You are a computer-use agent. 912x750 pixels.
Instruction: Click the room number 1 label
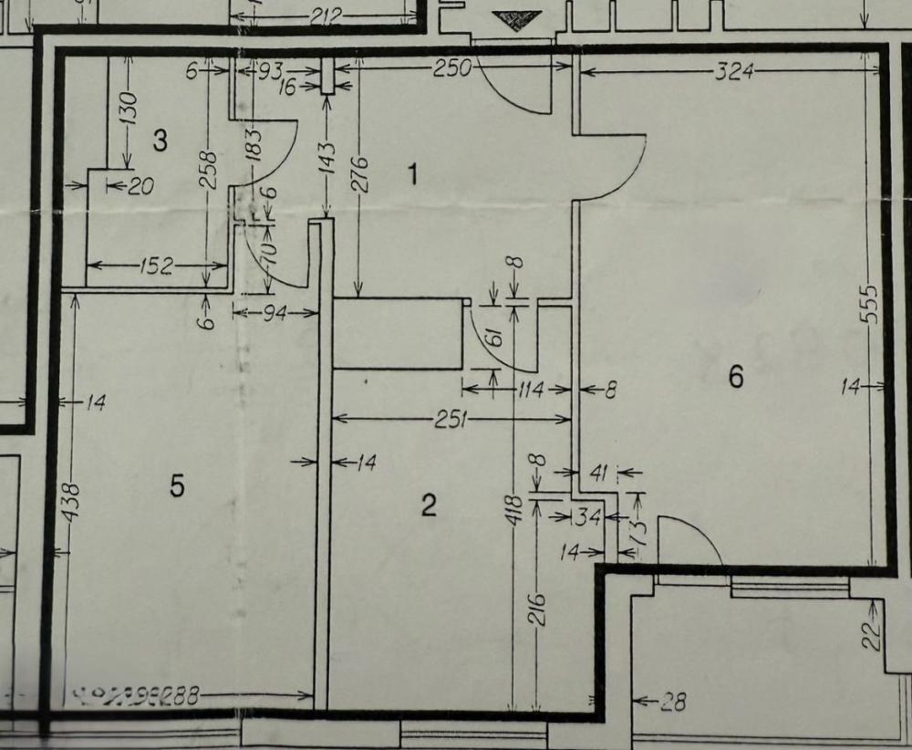coord(413,173)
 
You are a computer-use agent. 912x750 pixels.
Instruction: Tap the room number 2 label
coord(429,505)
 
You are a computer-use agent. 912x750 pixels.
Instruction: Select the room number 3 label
coord(160,141)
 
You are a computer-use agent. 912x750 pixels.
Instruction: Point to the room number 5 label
coord(177,486)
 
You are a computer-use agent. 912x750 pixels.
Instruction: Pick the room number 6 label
coord(736,376)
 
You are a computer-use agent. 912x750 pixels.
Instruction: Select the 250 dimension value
coord(451,68)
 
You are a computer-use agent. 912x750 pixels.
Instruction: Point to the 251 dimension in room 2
coord(451,419)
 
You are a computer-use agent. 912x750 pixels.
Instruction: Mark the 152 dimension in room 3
coord(156,266)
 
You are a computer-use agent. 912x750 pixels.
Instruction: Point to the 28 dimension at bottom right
coord(672,702)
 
